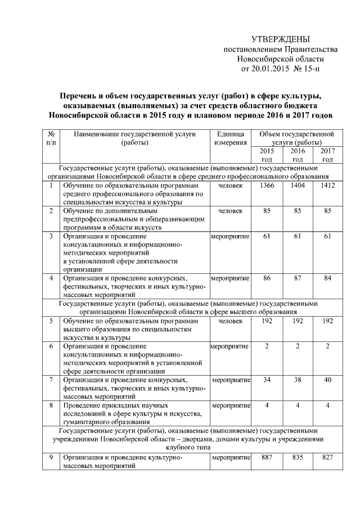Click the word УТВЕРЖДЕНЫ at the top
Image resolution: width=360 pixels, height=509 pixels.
(x=280, y=39)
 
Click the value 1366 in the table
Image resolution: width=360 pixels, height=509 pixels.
(x=267, y=186)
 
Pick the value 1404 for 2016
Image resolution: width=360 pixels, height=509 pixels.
(x=298, y=186)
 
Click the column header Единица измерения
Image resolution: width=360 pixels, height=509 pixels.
(x=230, y=138)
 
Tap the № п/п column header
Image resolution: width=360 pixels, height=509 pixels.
(x=51, y=138)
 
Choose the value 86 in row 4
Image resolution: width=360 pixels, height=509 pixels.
(x=267, y=278)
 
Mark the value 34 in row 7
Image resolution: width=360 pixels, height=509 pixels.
(x=267, y=380)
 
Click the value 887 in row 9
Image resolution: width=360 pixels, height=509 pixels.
(x=267, y=458)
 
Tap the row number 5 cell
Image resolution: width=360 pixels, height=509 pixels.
(x=51, y=321)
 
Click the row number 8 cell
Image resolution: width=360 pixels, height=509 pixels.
(x=51, y=405)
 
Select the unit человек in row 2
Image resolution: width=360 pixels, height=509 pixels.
(x=230, y=211)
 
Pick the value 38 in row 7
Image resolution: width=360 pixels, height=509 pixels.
(x=298, y=380)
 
